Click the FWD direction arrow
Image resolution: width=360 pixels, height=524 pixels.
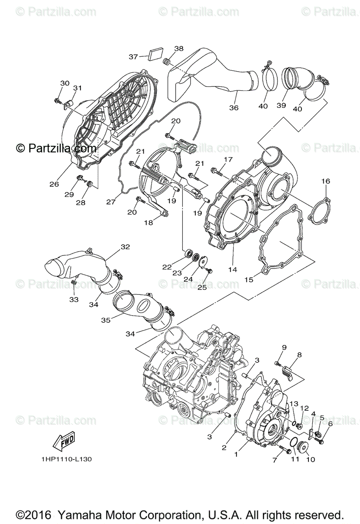pyautogui.click(x=64, y=441)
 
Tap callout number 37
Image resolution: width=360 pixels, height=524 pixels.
pyautogui.click(x=133, y=57)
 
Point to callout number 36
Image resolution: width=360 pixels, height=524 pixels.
pyautogui.click(x=234, y=107)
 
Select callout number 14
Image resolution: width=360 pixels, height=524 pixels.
pyautogui.click(x=232, y=270)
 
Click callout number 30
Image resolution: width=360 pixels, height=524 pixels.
pyautogui.click(x=65, y=83)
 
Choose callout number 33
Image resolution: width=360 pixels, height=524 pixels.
pyautogui.click(x=73, y=299)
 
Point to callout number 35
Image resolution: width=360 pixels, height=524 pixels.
pyautogui.click(x=106, y=320)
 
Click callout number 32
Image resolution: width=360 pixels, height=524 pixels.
pyautogui.click(x=125, y=247)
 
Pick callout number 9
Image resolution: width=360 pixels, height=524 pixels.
pyautogui.click(x=284, y=347)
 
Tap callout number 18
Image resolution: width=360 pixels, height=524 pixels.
pyautogui.click(x=149, y=222)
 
